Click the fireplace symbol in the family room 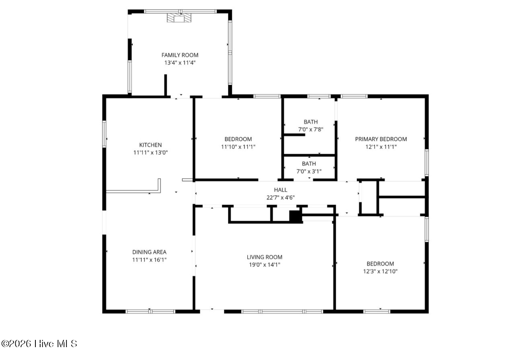(179, 18)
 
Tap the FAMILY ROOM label (180, 55)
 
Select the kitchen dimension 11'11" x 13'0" (150, 152)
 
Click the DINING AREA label (149, 252)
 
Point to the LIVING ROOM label (265, 257)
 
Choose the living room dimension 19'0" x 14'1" (265, 265)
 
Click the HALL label (281, 190)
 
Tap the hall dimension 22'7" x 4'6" (281, 197)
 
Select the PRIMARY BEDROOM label (381, 139)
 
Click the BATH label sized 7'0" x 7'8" (311, 122)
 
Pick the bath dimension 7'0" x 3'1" (309, 171)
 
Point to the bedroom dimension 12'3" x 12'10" (380, 271)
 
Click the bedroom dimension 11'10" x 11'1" (238, 147)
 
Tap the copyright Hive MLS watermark (39, 344)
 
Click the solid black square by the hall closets (295, 216)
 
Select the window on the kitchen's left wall (104, 134)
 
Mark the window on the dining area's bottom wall (150, 311)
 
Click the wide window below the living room (282, 311)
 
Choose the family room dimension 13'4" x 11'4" (180, 63)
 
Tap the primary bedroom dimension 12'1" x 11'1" (381, 147)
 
